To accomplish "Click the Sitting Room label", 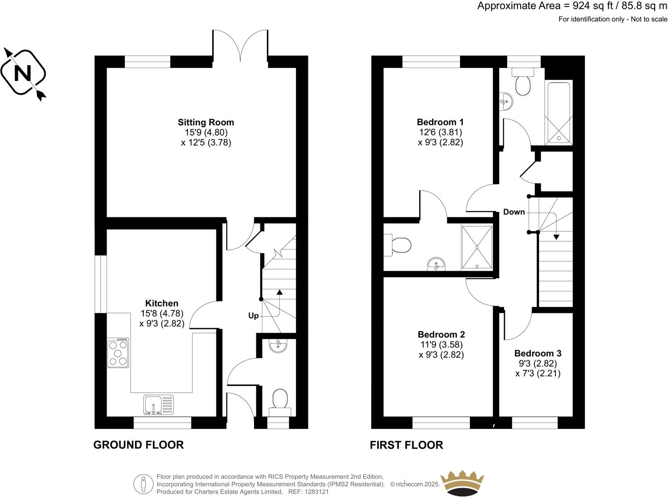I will point(206,122).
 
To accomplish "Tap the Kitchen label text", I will point(162,303).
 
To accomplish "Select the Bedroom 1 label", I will point(440,122).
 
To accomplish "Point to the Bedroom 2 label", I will point(441,335).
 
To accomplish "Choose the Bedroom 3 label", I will point(538,353).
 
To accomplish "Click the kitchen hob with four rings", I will point(118,353).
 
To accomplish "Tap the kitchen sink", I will point(158,404).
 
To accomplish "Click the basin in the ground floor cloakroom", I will point(278,346).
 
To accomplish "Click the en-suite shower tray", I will point(477,247).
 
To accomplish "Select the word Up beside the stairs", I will point(253,316).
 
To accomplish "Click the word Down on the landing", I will point(514,212).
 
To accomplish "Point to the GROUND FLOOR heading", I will point(138,445).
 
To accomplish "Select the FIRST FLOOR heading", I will point(406,445).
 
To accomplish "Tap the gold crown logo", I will point(462,483).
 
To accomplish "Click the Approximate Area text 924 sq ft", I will point(572,6).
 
